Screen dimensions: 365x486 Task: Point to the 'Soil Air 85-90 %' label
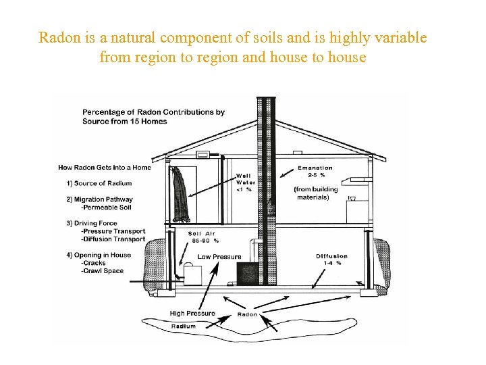pos(204,237)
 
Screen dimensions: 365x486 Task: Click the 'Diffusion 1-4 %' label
pos(332,260)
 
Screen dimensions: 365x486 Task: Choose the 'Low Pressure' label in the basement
pos(219,257)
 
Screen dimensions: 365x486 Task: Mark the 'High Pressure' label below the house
pos(192,313)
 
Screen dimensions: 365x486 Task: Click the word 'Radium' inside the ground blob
pos(184,326)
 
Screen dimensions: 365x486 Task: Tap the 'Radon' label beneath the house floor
pos(248,314)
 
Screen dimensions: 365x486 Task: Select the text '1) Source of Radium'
pos(99,183)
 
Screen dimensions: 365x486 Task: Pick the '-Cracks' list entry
pos(94,263)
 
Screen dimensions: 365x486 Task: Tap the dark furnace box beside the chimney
pos(247,273)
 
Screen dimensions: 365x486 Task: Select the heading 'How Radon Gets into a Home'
pos(105,168)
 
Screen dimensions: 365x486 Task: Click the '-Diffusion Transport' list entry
pos(113,239)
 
